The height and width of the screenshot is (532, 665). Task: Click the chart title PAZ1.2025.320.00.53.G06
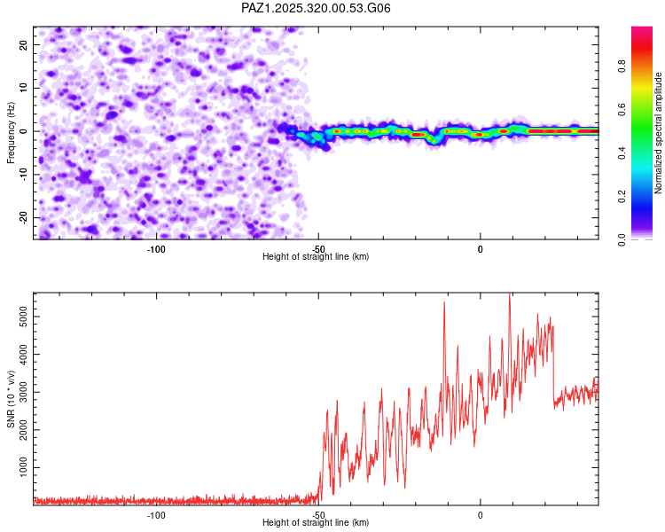click(x=317, y=8)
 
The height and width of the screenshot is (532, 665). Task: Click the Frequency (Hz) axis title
click(x=11, y=131)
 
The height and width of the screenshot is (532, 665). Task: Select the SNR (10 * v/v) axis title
click(x=11, y=399)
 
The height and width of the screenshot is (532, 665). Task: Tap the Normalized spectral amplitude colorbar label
click(x=658, y=133)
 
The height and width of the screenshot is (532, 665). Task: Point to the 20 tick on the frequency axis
click(x=25, y=44)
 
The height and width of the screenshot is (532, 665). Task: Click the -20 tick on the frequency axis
click(x=23, y=217)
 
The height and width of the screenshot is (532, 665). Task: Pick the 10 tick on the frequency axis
click(x=25, y=88)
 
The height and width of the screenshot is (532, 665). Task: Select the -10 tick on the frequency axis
click(x=23, y=174)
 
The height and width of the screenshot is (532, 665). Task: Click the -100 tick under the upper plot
click(x=156, y=248)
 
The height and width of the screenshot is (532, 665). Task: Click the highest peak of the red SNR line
click(x=509, y=294)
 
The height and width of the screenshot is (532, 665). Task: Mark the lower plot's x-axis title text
click(x=316, y=523)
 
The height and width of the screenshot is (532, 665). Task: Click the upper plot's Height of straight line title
click(x=316, y=257)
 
